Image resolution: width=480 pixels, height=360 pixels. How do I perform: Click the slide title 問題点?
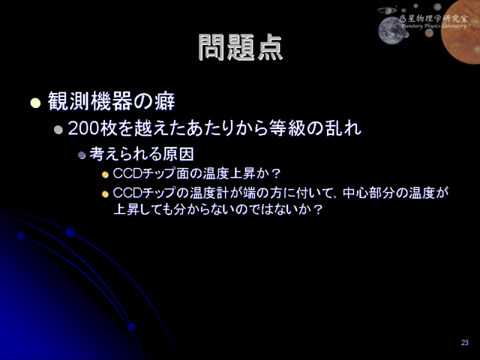pyautogui.click(x=240, y=46)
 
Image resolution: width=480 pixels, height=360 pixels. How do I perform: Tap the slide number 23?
pyautogui.click(x=465, y=343)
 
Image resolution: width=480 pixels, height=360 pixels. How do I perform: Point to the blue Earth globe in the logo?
pyautogui.click(x=391, y=30)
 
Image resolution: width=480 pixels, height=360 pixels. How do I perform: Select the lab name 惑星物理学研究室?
pyautogui.click(x=433, y=19)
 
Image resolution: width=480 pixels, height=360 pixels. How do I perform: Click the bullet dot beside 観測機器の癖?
pyautogui.click(x=35, y=103)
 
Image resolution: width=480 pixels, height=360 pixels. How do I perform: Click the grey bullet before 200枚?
pyautogui.click(x=58, y=130)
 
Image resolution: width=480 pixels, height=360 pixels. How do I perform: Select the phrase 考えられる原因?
pyautogui.click(x=142, y=154)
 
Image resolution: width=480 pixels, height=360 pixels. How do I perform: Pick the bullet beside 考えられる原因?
pyautogui.click(x=82, y=155)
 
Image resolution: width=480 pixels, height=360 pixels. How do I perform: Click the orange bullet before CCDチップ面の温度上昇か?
pyautogui.click(x=105, y=175)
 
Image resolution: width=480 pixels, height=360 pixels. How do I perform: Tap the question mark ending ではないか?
pyautogui.click(x=318, y=210)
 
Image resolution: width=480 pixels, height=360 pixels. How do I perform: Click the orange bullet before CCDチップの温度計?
pyautogui.click(x=105, y=194)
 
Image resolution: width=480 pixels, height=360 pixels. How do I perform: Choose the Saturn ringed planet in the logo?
pyautogui.click(x=387, y=10)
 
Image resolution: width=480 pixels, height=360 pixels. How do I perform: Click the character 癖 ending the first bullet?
pyautogui.click(x=165, y=101)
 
